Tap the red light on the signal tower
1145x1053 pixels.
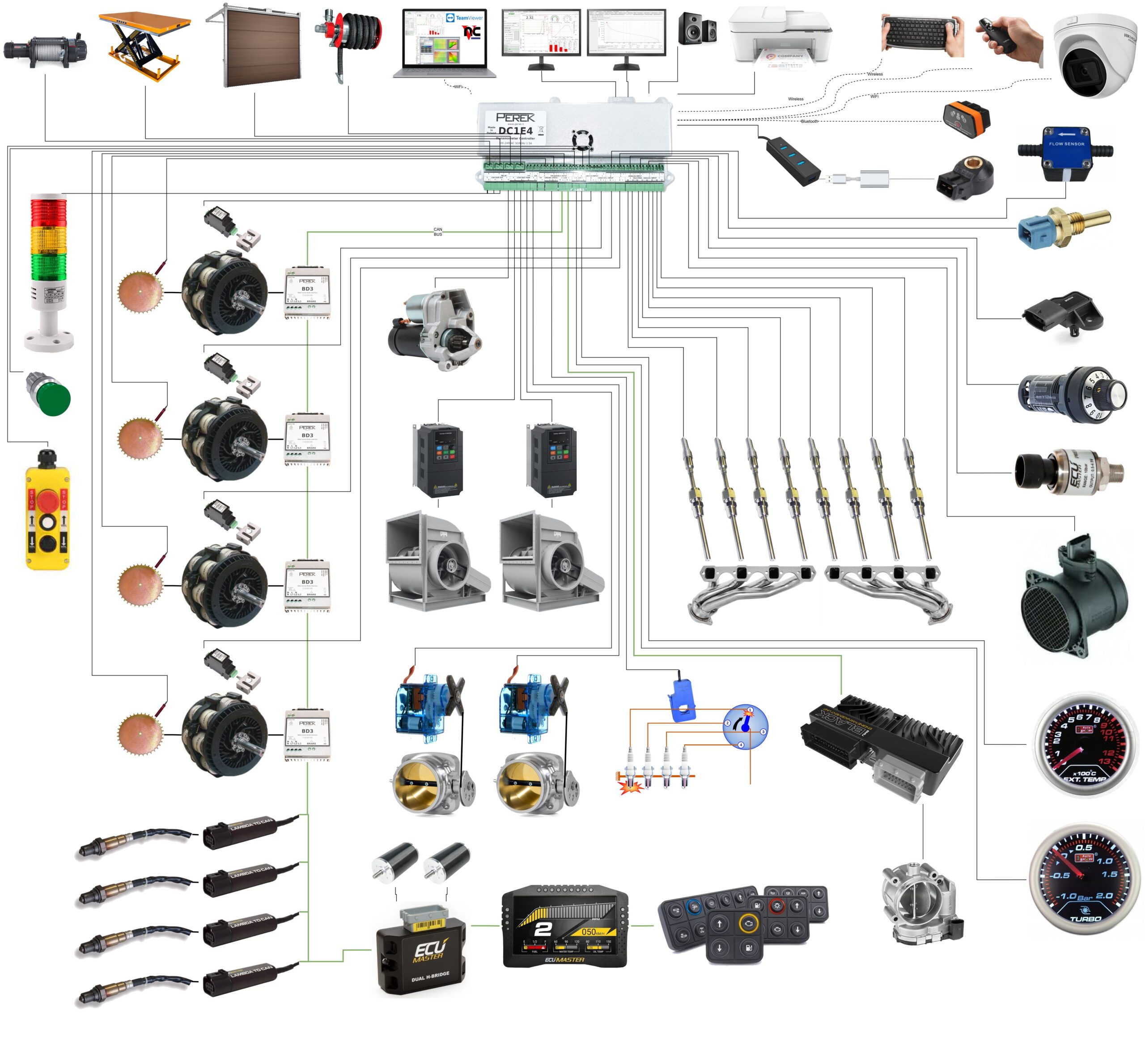click(x=48, y=211)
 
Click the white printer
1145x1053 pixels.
click(x=780, y=37)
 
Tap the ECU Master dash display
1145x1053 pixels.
click(x=564, y=926)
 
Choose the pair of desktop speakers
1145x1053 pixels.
click(x=697, y=29)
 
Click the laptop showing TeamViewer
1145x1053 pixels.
click(x=445, y=43)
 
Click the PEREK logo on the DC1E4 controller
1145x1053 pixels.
click(x=515, y=118)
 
